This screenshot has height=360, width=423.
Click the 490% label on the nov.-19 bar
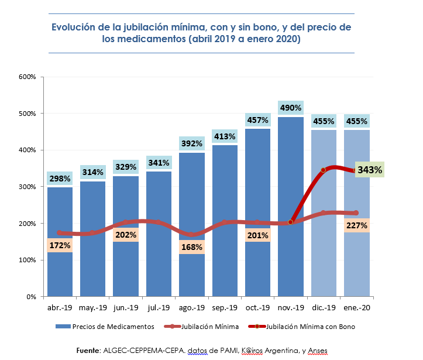291,108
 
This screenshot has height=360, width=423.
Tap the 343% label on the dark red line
370,170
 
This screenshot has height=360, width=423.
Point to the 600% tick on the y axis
28,77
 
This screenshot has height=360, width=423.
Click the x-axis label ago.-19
192,307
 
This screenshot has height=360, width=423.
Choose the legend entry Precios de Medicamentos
105,326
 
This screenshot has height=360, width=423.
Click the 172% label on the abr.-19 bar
60,246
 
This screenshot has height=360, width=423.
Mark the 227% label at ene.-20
356,225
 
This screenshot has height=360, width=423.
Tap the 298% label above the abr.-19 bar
60,178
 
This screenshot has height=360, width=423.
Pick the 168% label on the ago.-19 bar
192,247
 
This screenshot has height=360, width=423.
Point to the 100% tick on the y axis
28,260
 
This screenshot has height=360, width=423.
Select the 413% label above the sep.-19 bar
225,136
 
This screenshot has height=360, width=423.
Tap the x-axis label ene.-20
356,307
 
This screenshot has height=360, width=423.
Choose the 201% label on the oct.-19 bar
257,235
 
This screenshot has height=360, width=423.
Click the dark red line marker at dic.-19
323,170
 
